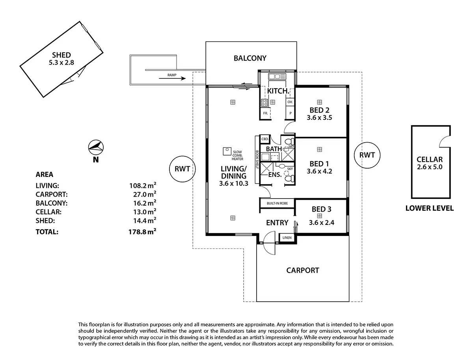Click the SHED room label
pyautogui.click(x=62, y=55)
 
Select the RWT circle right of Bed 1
pyautogui.click(x=367, y=155)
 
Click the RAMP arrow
pyautogui.click(x=173, y=78)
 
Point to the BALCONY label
pyautogui.click(x=250, y=58)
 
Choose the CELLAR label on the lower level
pyautogui.click(x=429, y=160)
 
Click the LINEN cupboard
pyautogui.click(x=287, y=238)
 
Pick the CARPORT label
pyautogui.click(x=302, y=270)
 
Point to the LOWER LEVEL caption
pyautogui.click(x=429, y=208)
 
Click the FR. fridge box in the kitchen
pyautogui.click(x=266, y=113)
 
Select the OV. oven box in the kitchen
pyautogui.click(x=290, y=102)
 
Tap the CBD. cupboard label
pyautogui.click(x=265, y=139)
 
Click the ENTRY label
pyautogui.click(x=277, y=223)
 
